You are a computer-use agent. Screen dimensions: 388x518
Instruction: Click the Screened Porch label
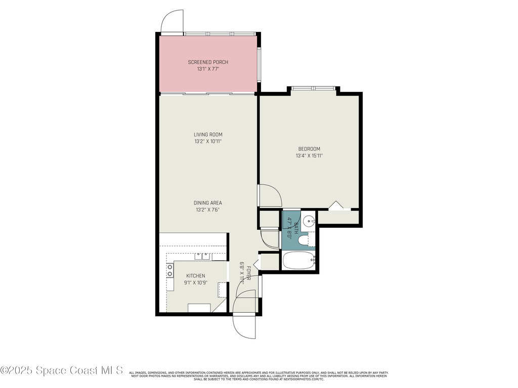tap(208, 62)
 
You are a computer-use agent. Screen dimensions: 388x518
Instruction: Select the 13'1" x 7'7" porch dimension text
tap(208, 69)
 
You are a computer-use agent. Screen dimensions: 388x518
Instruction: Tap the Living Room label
tap(208, 134)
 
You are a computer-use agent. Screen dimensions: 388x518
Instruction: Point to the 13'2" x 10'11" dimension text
tap(208, 141)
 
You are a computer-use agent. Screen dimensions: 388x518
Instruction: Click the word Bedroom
tap(309, 149)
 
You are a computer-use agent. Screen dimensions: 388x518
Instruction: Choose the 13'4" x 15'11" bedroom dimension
tap(309, 156)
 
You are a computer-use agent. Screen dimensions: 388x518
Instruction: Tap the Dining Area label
tap(208, 203)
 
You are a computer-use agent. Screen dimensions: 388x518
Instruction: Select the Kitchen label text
tap(195, 275)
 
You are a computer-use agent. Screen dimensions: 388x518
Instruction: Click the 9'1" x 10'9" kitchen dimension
tap(195, 282)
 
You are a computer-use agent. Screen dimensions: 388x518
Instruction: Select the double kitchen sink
tap(203, 256)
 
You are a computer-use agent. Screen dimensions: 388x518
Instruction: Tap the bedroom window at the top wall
tap(313, 88)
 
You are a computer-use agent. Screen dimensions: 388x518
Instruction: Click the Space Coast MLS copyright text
tap(62, 370)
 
